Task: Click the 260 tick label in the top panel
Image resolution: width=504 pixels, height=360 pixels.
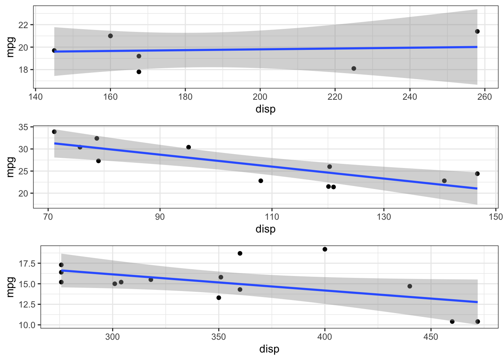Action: pos(484,97)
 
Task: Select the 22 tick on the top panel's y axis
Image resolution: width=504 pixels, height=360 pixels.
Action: pos(23,25)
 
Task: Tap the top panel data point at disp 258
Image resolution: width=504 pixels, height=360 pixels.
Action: pos(477,31)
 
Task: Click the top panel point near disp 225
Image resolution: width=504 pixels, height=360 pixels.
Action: pos(354,69)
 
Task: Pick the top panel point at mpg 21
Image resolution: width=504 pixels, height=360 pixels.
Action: pos(110,36)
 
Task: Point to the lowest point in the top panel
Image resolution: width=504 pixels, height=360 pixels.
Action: pos(139,72)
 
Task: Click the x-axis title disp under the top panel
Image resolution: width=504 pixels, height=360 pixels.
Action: pos(265,109)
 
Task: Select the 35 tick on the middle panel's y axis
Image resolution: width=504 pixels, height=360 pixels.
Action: pos(23,127)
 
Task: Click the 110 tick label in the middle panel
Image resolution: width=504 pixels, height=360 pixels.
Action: pos(272,217)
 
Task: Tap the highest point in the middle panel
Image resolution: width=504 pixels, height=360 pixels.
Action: pos(54,132)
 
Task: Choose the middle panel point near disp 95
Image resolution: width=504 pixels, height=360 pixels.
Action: pos(189,147)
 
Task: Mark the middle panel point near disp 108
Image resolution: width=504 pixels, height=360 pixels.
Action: pos(261,181)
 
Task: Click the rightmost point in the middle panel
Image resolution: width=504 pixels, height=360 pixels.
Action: pos(477,174)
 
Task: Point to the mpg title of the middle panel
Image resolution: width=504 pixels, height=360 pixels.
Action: pos(10,167)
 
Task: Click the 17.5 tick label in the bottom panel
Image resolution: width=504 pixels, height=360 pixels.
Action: pos(27,264)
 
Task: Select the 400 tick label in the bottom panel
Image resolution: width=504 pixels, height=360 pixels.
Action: pos(325,337)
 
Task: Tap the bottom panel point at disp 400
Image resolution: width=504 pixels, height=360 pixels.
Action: pos(325,249)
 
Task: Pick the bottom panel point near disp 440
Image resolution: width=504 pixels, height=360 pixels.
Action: pos(410,286)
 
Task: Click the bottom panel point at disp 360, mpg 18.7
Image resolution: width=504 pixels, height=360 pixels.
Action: pos(240,253)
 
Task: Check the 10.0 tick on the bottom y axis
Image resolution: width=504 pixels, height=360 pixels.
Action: pos(27,325)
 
